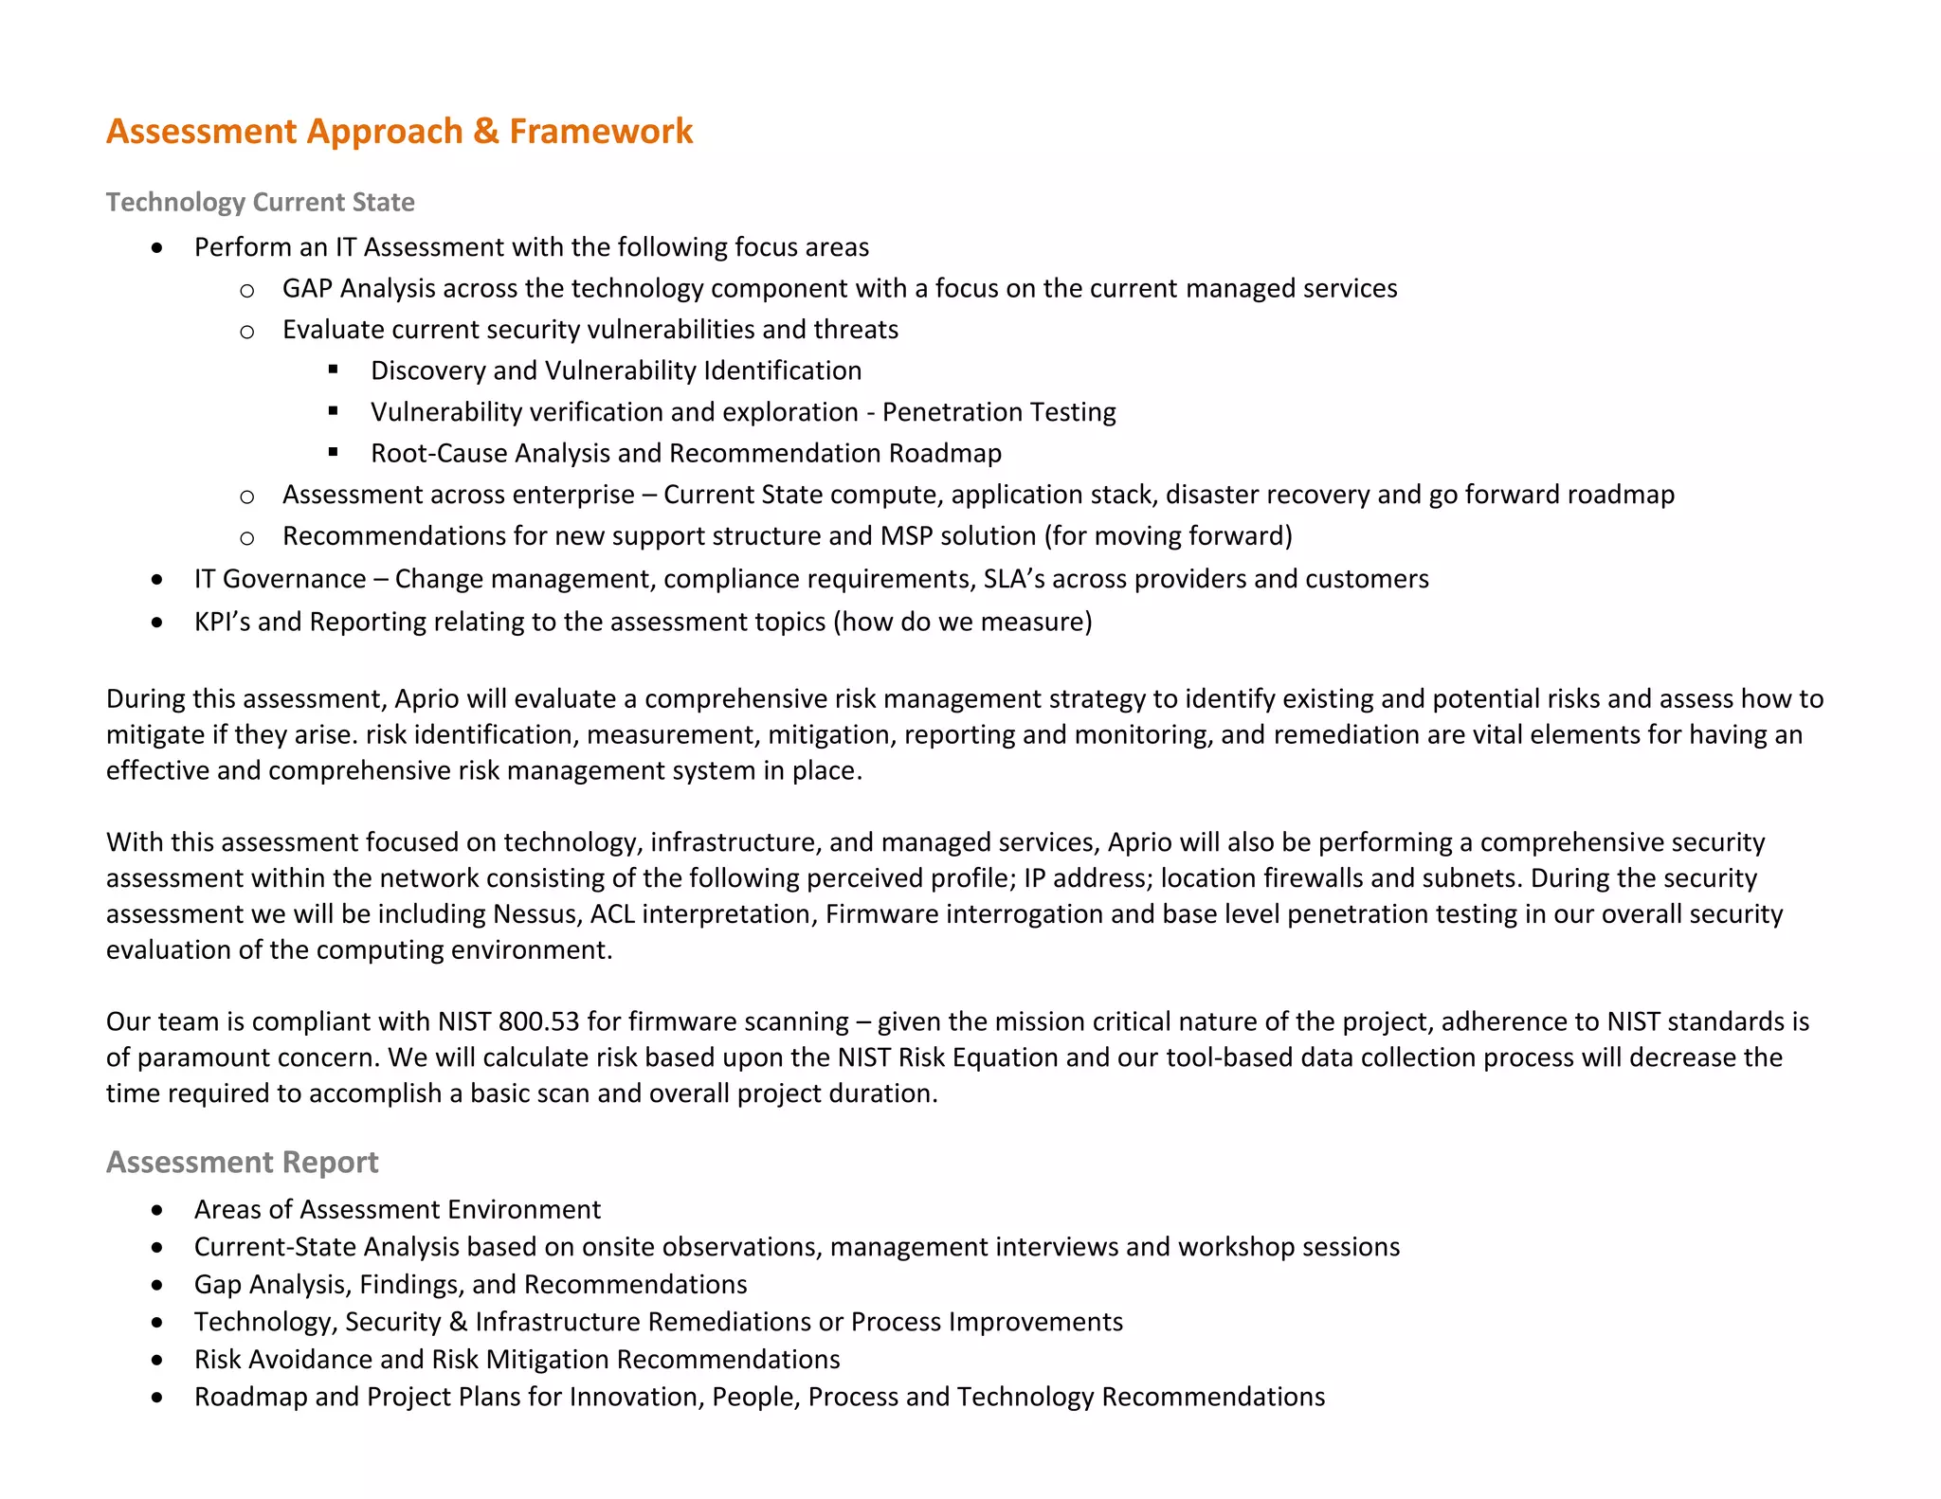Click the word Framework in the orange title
coord(601,131)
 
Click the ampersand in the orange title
coord(486,131)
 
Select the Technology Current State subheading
coord(260,202)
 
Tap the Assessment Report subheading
coord(242,1162)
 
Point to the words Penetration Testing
coord(999,412)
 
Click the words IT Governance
coord(280,579)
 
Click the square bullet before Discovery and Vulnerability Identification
coord(334,370)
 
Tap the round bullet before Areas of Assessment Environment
coord(157,1210)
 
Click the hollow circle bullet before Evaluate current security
coord(247,331)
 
